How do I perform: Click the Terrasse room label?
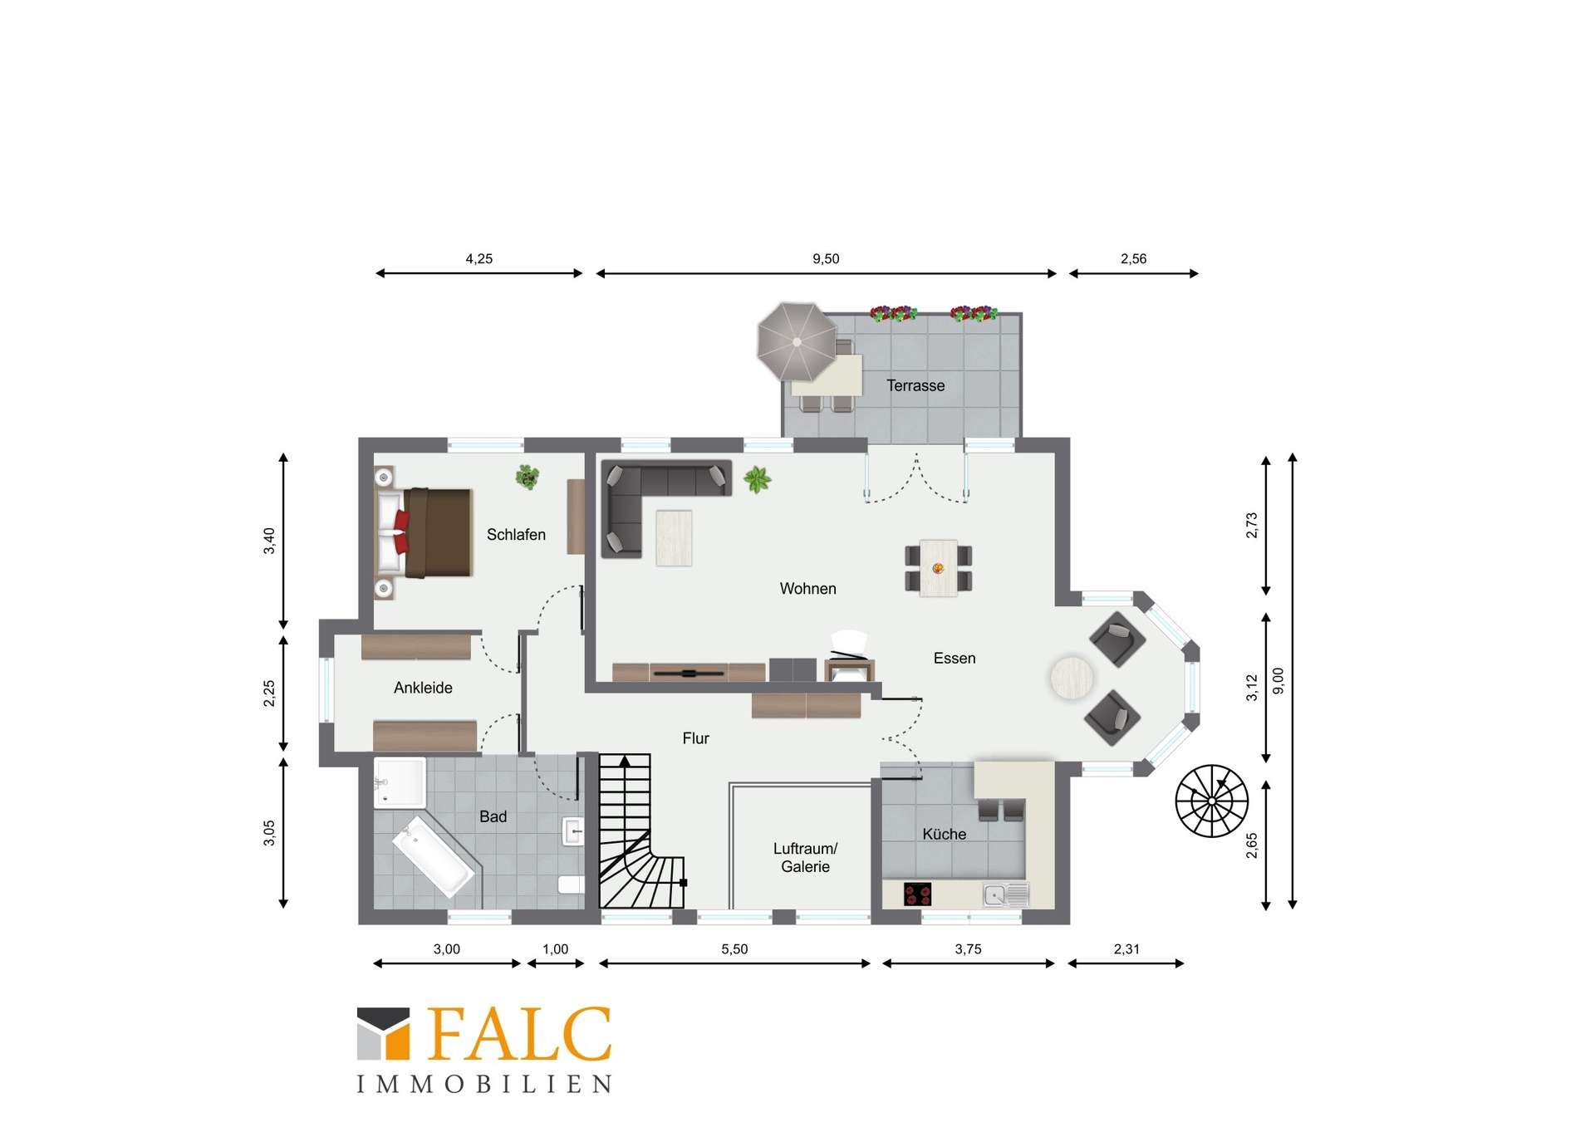[915, 385]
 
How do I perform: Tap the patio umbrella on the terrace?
[797, 341]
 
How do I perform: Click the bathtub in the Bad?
[433, 856]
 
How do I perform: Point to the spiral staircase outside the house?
[1212, 801]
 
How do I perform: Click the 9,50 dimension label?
[826, 259]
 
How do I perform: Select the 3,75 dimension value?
[968, 949]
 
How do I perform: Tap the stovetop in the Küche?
[917, 894]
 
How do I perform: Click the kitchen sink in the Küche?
[1006, 894]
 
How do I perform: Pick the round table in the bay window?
[1072, 678]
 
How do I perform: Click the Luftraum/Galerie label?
[805, 857]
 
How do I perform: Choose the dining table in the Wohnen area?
[938, 568]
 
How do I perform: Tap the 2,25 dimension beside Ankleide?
[269, 693]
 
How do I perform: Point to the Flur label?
[696, 738]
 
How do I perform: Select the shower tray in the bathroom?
[400, 782]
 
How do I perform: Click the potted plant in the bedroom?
[527, 477]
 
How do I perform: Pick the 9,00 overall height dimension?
[1278, 681]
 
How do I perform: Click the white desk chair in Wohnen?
[849, 644]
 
